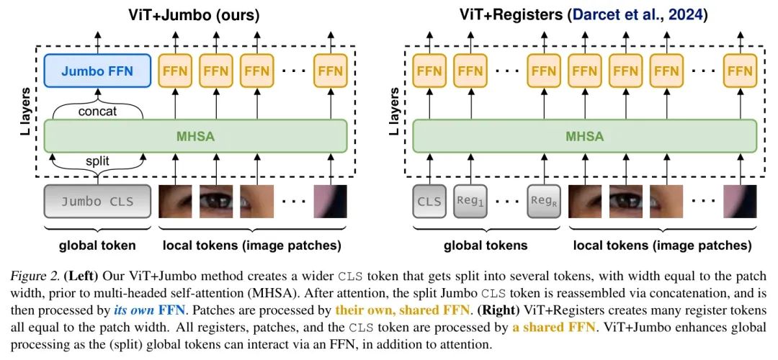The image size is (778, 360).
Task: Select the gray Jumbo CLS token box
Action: tap(97, 201)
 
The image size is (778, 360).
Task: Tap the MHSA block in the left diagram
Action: tap(195, 135)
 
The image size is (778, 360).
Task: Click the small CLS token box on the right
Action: tap(430, 201)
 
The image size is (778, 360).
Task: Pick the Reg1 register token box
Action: tap(472, 201)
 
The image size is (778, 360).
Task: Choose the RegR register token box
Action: tap(544, 201)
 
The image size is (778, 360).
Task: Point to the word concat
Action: tap(97, 112)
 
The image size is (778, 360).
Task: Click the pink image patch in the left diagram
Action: tap(330, 201)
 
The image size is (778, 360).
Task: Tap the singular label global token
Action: tap(97, 246)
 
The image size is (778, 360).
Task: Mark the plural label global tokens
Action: tap(485, 246)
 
